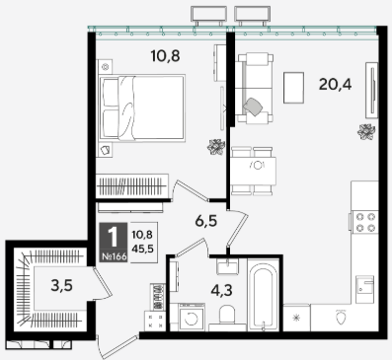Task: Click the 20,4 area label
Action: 335,85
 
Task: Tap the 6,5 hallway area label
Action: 206,221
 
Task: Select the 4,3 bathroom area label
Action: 221,290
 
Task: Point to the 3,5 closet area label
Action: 62,285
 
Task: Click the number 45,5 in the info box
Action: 142,249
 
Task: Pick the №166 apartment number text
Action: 114,256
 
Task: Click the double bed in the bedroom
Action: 142,108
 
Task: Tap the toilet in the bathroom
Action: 227,316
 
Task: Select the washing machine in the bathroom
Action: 192,317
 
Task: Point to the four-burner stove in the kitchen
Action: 365,222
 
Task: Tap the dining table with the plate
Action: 254,171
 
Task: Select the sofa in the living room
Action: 256,89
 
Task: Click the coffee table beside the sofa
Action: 293,88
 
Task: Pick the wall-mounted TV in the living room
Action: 372,90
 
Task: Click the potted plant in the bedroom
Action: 216,147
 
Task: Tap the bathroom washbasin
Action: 227,266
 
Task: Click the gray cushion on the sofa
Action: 253,107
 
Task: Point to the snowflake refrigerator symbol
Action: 296,318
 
